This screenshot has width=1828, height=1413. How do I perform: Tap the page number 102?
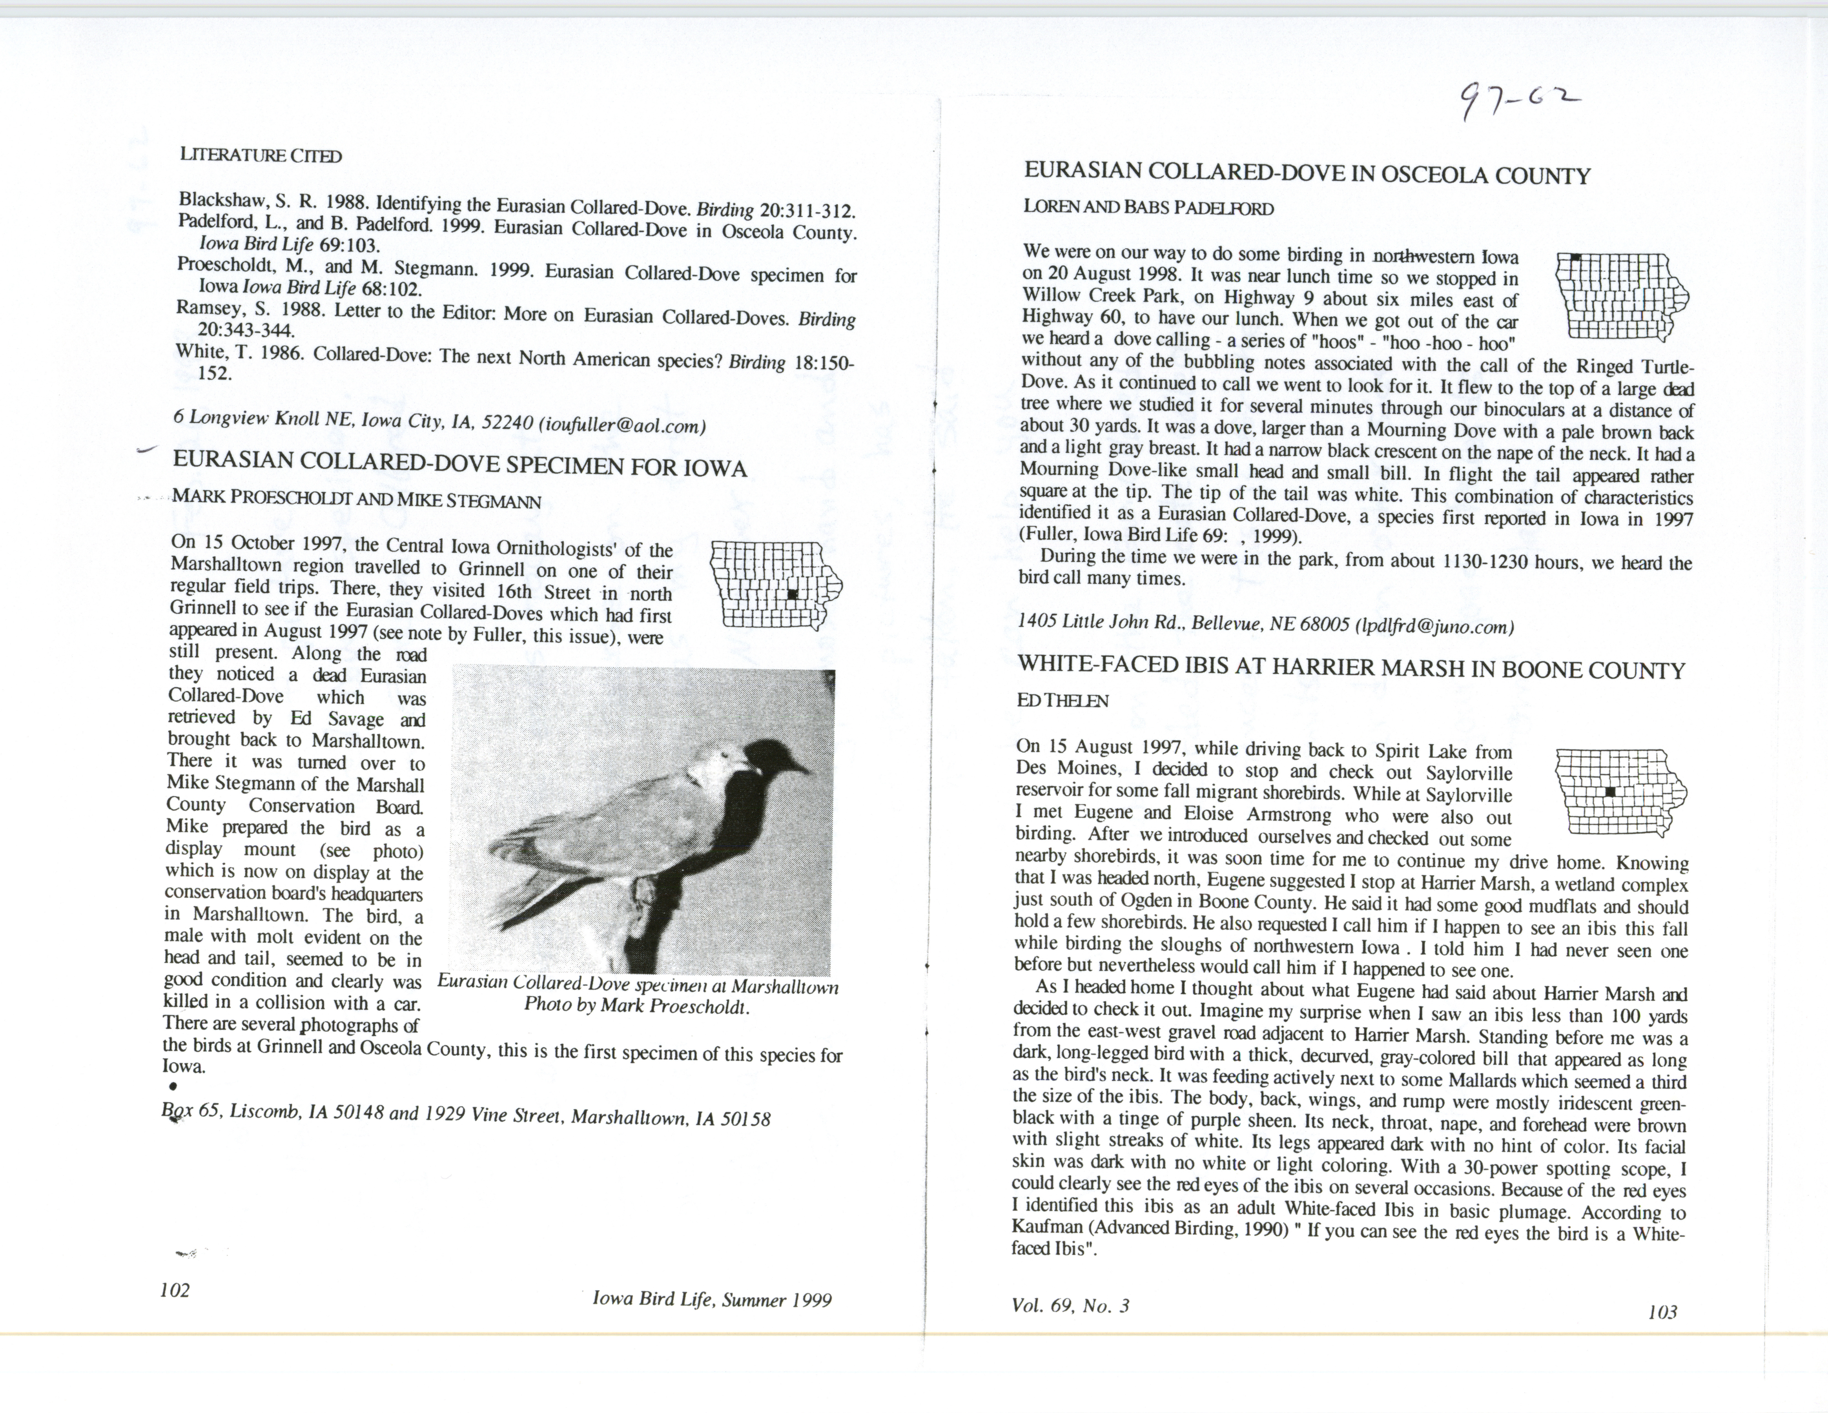[175, 1290]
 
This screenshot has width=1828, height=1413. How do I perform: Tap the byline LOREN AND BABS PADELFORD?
[1148, 208]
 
